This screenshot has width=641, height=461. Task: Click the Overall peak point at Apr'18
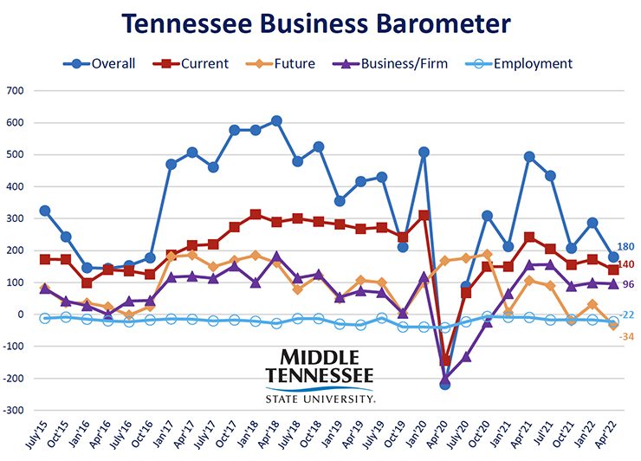(x=276, y=121)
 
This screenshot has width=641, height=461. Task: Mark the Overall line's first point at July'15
(x=45, y=211)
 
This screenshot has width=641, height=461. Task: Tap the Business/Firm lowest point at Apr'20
(x=445, y=380)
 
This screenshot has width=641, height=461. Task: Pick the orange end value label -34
(x=625, y=336)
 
